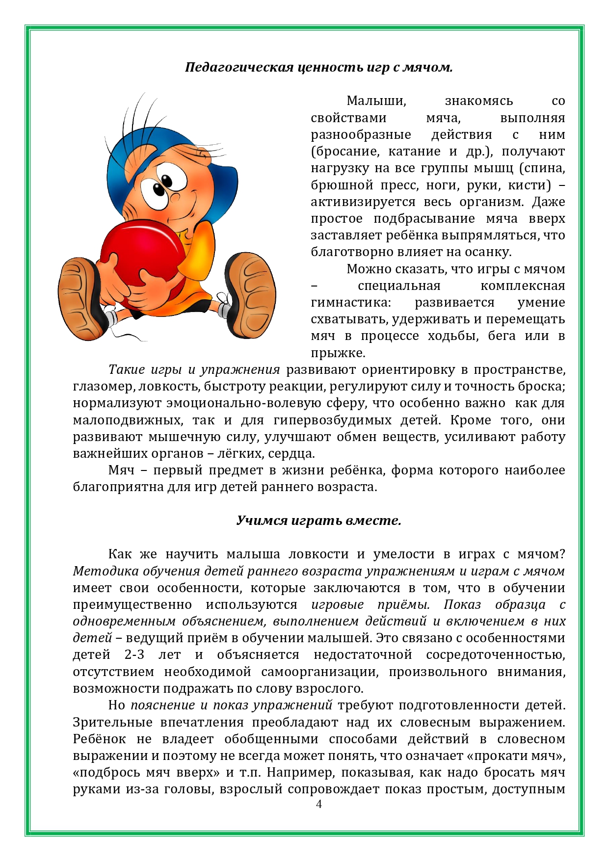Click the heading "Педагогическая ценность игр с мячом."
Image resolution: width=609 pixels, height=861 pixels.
(318, 67)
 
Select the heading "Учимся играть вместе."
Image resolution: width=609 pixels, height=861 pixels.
(318, 520)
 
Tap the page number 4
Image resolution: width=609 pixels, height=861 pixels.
(319, 804)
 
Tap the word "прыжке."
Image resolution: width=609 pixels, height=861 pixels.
(338, 353)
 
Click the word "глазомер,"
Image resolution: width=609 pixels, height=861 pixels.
(103, 387)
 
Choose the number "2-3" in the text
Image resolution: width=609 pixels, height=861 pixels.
(134, 655)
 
